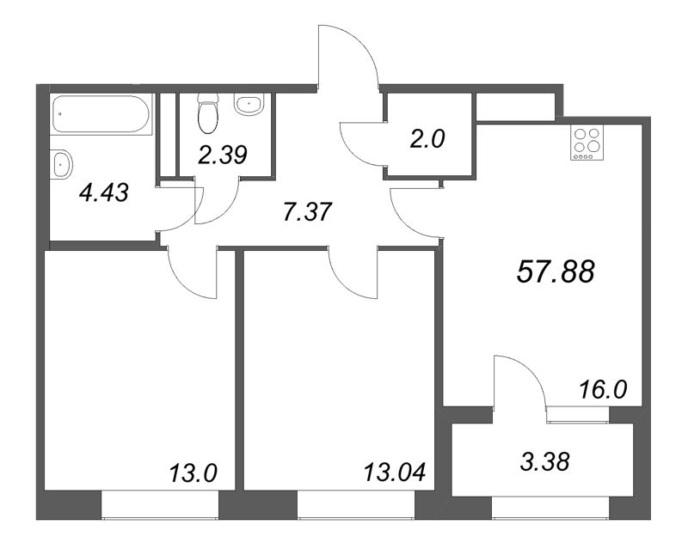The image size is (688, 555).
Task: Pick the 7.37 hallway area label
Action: (307, 211)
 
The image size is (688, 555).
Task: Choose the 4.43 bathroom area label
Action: (102, 192)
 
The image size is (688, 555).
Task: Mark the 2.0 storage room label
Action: (427, 138)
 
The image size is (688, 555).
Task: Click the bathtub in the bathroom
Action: (101, 115)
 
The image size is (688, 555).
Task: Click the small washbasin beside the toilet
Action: (250, 106)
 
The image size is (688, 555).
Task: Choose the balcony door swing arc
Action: (519, 382)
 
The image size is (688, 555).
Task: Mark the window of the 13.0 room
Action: (159, 506)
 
